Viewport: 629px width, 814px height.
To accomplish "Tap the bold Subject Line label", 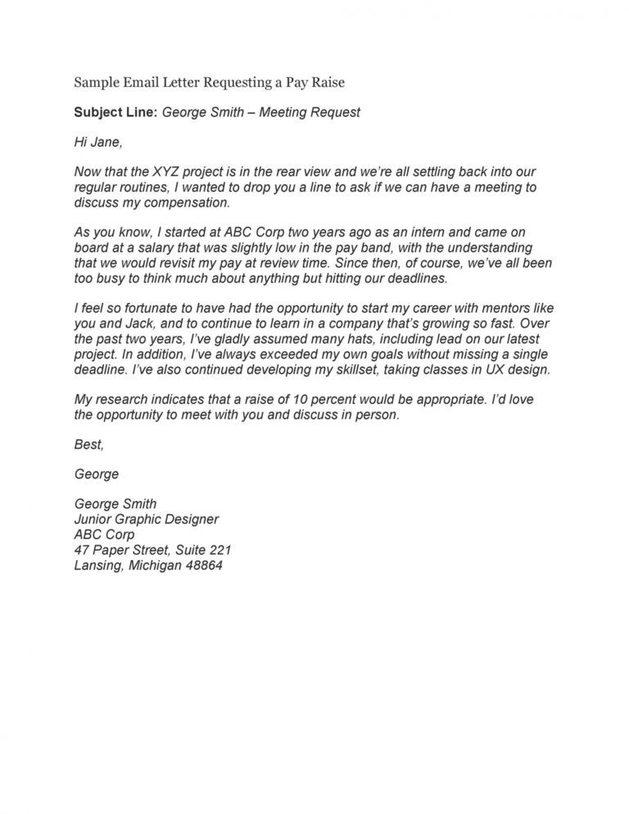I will click(x=115, y=112).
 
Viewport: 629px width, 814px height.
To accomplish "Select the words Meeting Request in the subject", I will click(x=310, y=112).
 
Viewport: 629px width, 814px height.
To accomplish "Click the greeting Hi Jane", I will click(x=97, y=142).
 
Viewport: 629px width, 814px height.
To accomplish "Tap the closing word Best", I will click(x=88, y=445).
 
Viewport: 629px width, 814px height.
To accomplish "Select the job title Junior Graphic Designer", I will click(x=147, y=519).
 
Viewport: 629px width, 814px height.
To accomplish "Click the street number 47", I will click(x=82, y=550).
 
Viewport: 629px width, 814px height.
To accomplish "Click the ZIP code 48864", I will click(x=203, y=566).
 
